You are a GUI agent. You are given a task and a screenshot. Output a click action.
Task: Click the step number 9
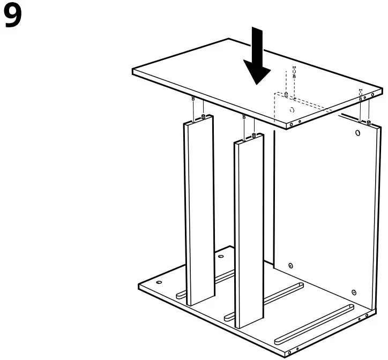pyautogui.click(x=13, y=17)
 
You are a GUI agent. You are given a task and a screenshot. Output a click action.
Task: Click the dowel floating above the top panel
pyautogui.click(x=294, y=72)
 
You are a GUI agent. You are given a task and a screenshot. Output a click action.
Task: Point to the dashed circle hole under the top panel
pyautogui.click(x=291, y=110)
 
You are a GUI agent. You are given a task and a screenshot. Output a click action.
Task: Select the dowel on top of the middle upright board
pyautogui.click(x=252, y=134)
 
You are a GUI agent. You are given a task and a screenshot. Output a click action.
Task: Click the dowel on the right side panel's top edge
pyautogui.click(x=369, y=123)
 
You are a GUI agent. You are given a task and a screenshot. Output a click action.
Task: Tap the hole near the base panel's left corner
pyautogui.click(x=158, y=281)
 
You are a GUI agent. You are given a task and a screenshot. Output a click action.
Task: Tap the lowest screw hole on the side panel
pyautogui.click(x=353, y=292)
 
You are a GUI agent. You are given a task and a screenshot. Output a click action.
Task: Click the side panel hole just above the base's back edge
pyautogui.click(x=290, y=265)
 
